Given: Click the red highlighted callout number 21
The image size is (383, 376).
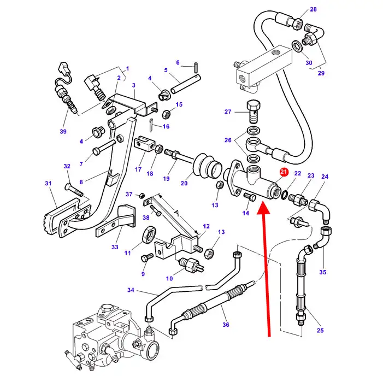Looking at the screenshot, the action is tap(284, 172).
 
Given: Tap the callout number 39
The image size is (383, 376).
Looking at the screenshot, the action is tap(63, 132).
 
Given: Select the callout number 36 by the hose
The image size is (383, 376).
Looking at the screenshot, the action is tap(226, 325).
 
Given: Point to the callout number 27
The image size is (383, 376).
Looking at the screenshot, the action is tap(228, 111).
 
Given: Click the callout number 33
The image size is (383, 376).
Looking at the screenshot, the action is tap(115, 247).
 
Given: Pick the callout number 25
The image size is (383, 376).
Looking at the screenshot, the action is tap(320, 330).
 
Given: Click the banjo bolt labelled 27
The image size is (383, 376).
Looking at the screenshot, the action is tap(254, 112).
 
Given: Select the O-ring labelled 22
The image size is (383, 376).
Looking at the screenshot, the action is tap(284, 195).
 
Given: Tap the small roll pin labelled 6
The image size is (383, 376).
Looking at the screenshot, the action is tap(196, 67).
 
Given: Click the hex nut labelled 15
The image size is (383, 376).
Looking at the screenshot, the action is tap(166, 114).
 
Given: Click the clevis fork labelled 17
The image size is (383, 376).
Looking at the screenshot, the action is tap(144, 144).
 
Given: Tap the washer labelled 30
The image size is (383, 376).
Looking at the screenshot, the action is tap(297, 46).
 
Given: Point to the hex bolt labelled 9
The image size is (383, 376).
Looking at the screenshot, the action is tap(147, 258).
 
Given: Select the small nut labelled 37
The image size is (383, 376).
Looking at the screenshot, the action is tap(142, 196).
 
